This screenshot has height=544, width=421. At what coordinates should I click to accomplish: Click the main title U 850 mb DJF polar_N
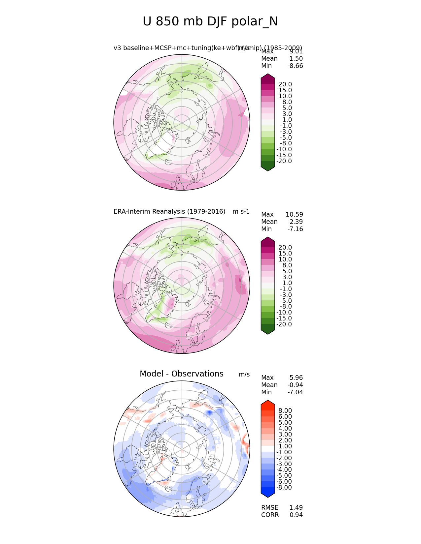(x=210, y=22)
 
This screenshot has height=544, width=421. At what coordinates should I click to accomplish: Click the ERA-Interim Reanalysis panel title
(x=169, y=211)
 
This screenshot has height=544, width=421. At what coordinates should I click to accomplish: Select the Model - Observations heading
(x=181, y=374)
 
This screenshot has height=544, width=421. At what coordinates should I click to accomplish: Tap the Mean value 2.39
(x=296, y=222)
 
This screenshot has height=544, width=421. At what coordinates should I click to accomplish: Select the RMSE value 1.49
(x=296, y=508)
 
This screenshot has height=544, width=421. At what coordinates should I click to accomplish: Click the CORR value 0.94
(x=296, y=515)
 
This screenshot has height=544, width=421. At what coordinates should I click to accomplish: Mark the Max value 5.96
(x=296, y=378)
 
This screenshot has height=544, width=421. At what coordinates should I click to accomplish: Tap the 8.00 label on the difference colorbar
(x=285, y=411)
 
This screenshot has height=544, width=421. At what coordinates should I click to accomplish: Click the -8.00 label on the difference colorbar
(x=284, y=488)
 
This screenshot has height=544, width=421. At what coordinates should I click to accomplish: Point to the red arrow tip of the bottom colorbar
(x=268, y=403)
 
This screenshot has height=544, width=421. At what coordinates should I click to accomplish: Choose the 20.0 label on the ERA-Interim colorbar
(x=285, y=248)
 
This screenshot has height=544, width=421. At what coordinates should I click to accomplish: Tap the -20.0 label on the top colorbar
(x=284, y=161)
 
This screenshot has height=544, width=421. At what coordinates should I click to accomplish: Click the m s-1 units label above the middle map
(x=241, y=211)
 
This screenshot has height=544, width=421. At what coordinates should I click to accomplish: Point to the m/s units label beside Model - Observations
(x=244, y=375)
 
